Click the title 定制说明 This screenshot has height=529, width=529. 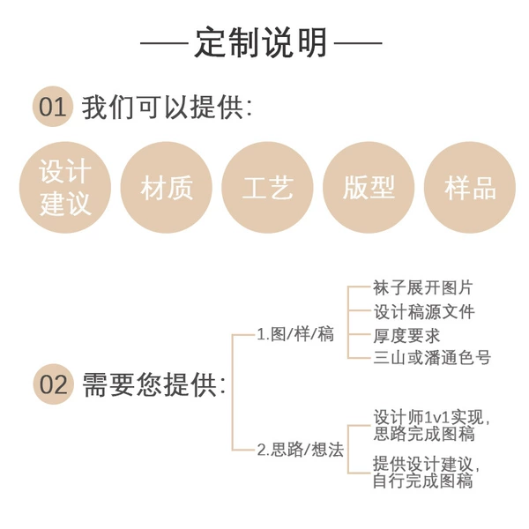tap(261, 42)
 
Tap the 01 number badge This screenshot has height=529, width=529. tap(53, 107)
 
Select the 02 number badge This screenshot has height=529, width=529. tap(53, 384)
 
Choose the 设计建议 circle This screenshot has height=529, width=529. tap(65, 188)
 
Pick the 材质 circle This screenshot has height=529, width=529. tap(167, 188)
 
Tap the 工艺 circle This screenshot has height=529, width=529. tap(267, 188)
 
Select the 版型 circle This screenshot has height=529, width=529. tap(369, 188)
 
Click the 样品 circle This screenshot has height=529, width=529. tap(470, 188)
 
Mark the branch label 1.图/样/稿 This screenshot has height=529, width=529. tap(295, 334)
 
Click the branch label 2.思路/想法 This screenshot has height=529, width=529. tap(301, 450)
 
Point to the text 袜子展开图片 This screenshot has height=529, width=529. tap(422, 287)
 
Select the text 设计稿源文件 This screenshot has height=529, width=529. tap(424, 311)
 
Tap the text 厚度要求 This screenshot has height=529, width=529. tap(406, 335)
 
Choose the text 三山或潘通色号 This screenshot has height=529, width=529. tap(432, 358)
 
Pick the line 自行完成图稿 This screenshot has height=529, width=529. tap(422, 481)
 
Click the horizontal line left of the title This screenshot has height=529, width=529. tap(164, 43)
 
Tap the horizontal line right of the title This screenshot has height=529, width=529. tap(358, 43)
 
